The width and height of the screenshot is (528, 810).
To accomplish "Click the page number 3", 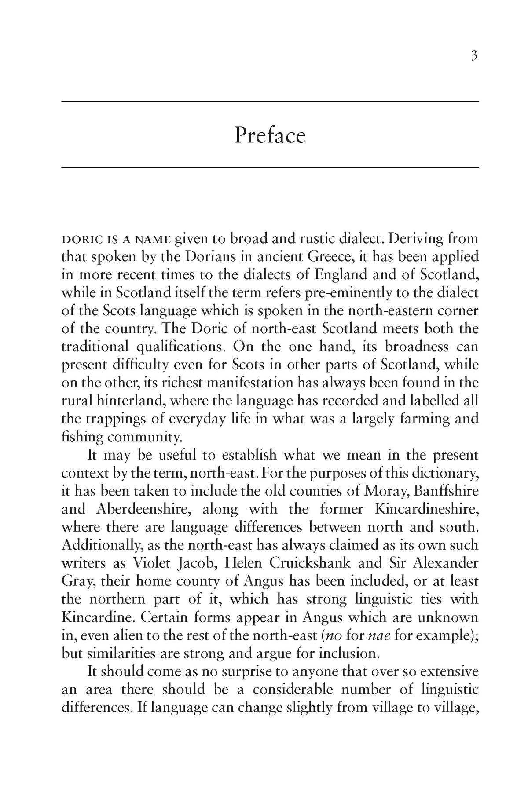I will tap(474, 56).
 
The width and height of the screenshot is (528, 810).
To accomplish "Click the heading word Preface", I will tap(269, 135).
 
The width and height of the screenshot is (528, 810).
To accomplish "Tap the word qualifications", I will tap(180, 347).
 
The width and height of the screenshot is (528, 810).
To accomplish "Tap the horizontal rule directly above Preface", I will tap(269, 102).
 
